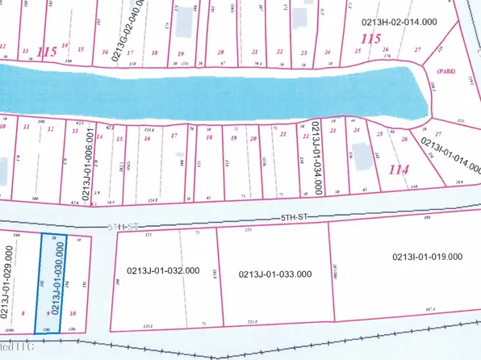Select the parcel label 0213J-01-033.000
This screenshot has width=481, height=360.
275,274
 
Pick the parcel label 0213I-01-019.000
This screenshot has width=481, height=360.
427,257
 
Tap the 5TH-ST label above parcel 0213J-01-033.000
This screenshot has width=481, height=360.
291,217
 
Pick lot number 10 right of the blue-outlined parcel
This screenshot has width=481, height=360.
74,312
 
